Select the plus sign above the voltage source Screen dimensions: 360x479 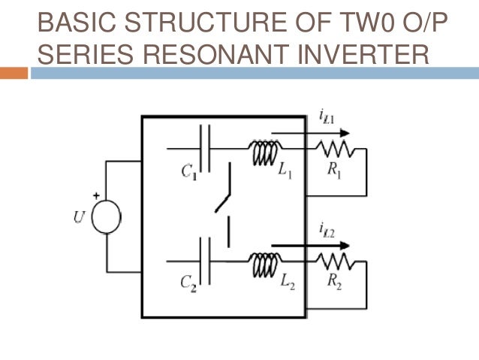[x=96, y=195]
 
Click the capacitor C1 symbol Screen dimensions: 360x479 [x=207, y=147]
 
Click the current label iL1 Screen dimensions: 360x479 [x=327, y=116]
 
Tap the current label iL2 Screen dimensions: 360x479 [x=327, y=228]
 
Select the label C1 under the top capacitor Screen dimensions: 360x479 [x=189, y=171]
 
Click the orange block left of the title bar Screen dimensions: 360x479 [x=14, y=73]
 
